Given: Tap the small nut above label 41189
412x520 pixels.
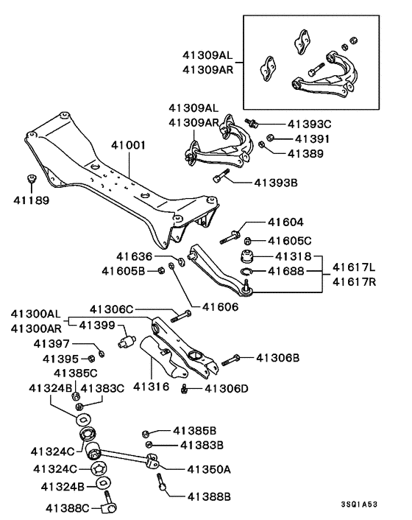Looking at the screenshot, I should (x=31, y=179).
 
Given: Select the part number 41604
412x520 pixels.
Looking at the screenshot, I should (x=285, y=222).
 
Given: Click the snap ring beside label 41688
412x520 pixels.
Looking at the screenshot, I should (x=249, y=273).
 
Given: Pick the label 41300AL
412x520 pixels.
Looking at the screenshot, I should (x=35, y=313).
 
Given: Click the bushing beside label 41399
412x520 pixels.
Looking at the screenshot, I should (x=127, y=341).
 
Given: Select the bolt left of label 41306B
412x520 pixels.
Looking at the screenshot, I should (x=231, y=359).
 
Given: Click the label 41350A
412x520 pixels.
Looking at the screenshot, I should (x=208, y=468).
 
